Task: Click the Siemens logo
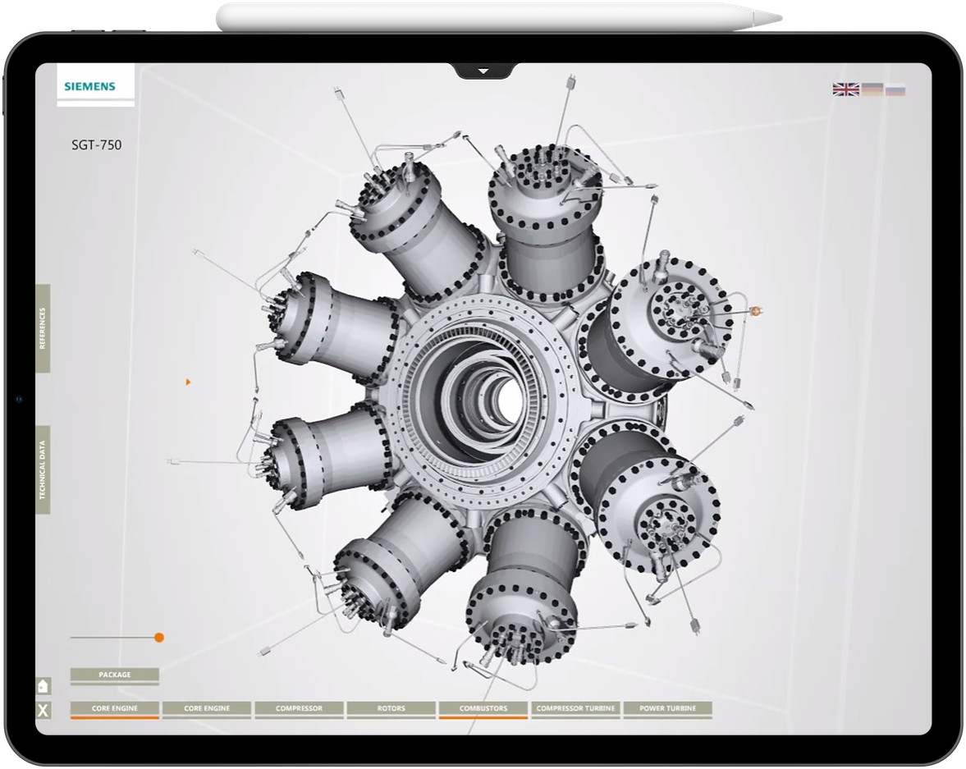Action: (90, 85)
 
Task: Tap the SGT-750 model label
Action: (96, 145)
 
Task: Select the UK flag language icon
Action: (845, 89)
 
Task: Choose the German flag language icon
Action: (872, 89)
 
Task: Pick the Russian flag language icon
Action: (895, 89)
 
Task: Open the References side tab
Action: (43, 328)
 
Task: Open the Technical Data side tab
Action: (43, 469)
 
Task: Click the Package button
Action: (114, 675)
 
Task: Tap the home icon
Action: (43, 686)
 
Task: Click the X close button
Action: (43, 711)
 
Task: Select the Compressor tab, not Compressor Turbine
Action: (299, 708)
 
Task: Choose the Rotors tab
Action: (391, 708)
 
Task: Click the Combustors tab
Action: (483, 708)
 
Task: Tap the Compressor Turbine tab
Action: (575, 708)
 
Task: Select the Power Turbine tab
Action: (667, 708)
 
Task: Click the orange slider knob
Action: (159, 638)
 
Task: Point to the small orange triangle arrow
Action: (188, 382)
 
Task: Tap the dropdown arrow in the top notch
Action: (483, 71)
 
